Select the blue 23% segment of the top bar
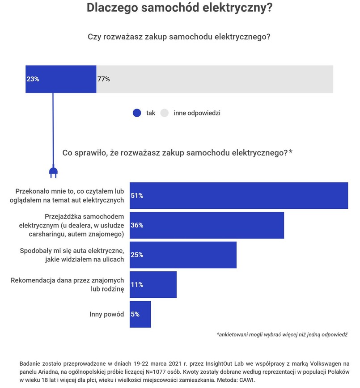pos(61,79)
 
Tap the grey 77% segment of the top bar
pos(215,79)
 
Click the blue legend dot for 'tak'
pos(137,113)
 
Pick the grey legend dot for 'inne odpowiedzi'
pos(164,113)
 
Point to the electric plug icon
pos(53,172)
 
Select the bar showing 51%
pos(239,195)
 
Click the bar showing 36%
pos(207,225)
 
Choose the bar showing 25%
pos(183,255)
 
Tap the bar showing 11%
pos(153,284)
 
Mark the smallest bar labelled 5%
pos(140,314)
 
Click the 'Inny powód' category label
pos(106,314)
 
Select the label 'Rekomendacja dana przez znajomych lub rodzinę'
pos(67,285)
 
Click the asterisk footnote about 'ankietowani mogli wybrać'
pos(282,334)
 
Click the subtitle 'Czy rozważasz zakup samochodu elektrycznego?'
pos(179,37)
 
